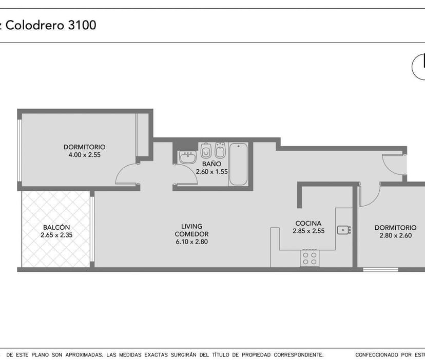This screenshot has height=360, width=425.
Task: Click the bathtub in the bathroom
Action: click(x=238, y=164)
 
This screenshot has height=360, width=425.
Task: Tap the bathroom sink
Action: click(x=188, y=157)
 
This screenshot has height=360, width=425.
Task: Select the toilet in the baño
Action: click(x=206, y=151)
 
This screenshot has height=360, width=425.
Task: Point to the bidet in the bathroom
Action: click(x=220, y=150)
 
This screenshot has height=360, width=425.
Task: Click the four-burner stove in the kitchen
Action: click(x=310, y=258)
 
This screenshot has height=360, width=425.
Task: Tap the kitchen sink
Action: click(x=344, y=230)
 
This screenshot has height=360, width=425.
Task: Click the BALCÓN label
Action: click(x=56, y=227)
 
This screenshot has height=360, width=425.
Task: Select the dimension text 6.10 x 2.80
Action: click(x=191, y=242)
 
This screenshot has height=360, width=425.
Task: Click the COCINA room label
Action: click(x=308, y=223)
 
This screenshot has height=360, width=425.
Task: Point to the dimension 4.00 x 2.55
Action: click(x=85, y=155)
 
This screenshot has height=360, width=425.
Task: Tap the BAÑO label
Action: click(x=211, y=164)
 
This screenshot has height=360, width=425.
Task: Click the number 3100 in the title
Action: click(x=82, y=25)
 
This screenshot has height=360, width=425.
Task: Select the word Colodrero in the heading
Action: click(x=35, y=25)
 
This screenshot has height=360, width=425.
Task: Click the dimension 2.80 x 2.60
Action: click(x=395, y=235)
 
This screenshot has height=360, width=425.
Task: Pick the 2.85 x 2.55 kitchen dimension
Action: click(x=308, y=231)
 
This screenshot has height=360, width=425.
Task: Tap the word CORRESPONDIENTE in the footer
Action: click(x=298, y=354)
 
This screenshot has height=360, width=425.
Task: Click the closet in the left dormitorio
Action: click(x=142, y=135)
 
